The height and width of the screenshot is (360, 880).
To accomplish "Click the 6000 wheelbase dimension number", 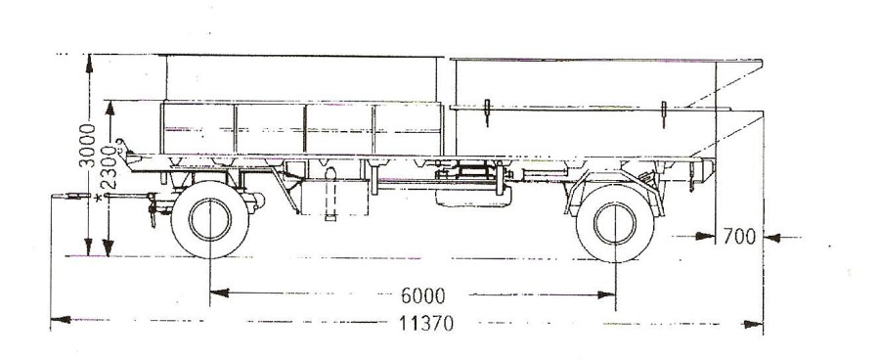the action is [422, 295].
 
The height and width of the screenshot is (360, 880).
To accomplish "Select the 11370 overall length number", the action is [426, 324].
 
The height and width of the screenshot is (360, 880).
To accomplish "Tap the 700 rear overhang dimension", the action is [739, 237].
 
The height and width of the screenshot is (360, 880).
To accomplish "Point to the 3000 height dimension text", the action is [88, 145].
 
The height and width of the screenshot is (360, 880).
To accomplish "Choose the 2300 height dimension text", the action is [109, 167].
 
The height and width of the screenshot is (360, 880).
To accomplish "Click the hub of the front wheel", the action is [209, 219].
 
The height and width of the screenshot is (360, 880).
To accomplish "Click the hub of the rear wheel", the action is [615, 223].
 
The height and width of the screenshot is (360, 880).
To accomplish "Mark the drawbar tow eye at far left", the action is [70, 196].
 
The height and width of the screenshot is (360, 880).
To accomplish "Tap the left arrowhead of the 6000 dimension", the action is [219, 292].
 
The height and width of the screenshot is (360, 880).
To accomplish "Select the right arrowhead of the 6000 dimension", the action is [606, 294].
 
